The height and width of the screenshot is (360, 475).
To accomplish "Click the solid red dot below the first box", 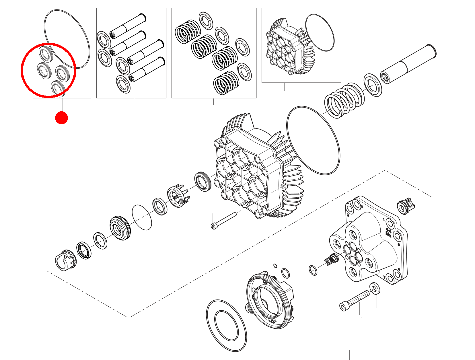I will coord(61,118).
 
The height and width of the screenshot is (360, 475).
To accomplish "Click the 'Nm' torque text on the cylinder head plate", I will coord(388,235).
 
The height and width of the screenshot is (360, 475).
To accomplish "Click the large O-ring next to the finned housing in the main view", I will coord(313,140).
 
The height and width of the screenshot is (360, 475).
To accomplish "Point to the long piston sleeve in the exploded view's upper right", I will coord(408,64).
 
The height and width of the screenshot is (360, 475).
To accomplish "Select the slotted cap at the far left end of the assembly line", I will coord(66,260).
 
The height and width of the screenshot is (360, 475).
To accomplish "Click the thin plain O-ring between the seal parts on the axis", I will coord(142,217).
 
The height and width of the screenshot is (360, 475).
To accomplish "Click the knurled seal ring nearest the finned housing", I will coord(203,182).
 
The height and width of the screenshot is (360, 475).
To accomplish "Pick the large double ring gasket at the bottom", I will coord(226,326).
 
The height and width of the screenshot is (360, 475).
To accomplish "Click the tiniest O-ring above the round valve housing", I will coord(275,266).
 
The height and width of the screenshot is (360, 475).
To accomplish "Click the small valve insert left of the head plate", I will coord(332,259).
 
